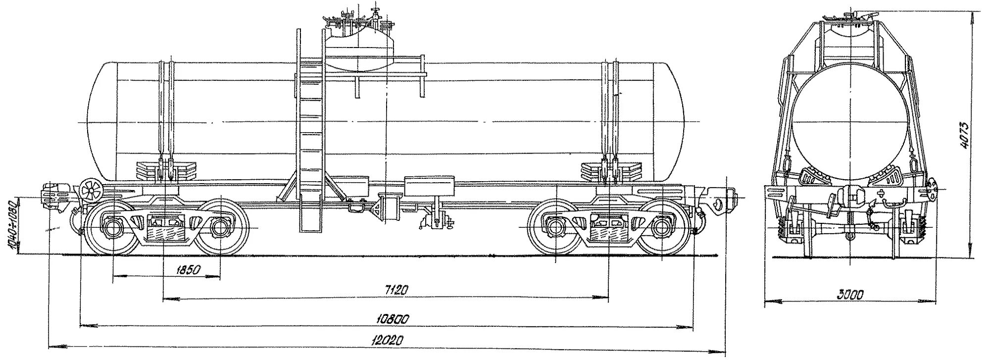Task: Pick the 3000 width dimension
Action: [850, 295]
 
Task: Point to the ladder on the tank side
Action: [310, 144]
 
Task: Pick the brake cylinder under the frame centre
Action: [389, 208]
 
